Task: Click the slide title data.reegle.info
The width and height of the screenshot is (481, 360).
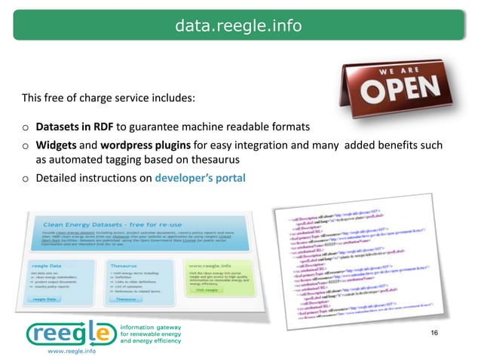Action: point(238,27)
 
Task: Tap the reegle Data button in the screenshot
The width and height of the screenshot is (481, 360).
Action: point(44,298)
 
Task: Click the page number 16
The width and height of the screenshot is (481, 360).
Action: point(433,333)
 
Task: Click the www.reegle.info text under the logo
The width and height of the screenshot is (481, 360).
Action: point(71,352)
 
